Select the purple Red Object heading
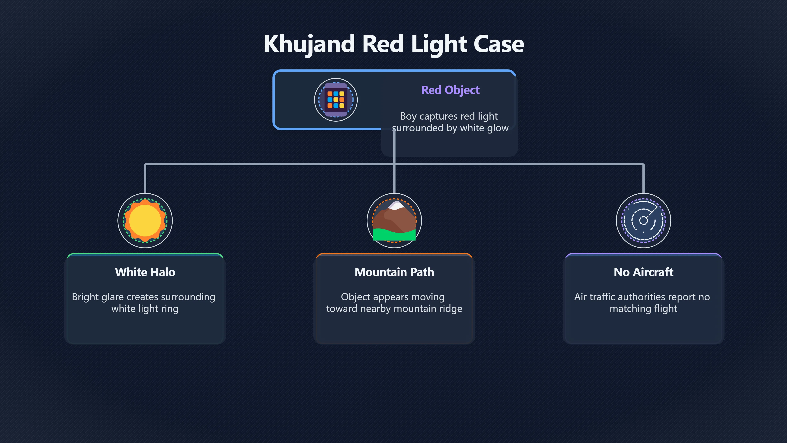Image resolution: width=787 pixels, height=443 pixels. [450, 90]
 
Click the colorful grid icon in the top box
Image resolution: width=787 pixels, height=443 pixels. [336, 100]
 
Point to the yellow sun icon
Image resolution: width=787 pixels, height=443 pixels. [145, 220]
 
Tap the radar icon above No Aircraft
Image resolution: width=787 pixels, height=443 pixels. [643, 220]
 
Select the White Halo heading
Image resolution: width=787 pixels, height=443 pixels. [145, 272]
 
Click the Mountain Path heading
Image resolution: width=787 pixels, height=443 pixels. [394, 272]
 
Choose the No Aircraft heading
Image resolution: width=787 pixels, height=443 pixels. [643, 272]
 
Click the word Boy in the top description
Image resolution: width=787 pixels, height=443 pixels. [408, 116]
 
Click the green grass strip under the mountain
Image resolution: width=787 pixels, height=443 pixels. [394, 235]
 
